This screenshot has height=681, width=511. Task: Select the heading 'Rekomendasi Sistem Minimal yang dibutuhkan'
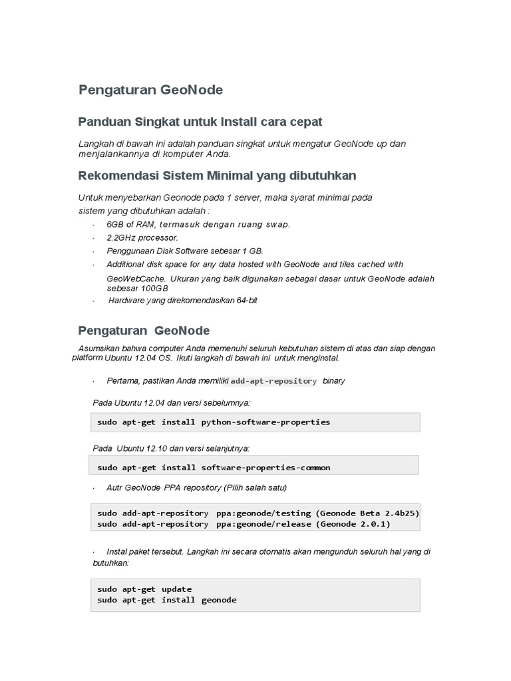click(x=217, y=176)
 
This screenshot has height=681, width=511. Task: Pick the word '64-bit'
click(x=246, y=301)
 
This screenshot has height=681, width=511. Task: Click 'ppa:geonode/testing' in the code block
click(x=263, y=513)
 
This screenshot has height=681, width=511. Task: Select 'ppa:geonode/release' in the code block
click(x=263, y=524)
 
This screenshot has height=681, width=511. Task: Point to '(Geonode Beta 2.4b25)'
click(x=367, y=513)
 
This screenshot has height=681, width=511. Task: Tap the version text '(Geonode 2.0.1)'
click(x=353, y=524)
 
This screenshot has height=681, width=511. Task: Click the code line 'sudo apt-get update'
click(x=144, y=589)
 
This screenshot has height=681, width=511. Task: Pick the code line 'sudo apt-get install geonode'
click(x=166, y=600)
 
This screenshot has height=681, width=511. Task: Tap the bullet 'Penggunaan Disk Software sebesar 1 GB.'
click(x=185, y=251)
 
